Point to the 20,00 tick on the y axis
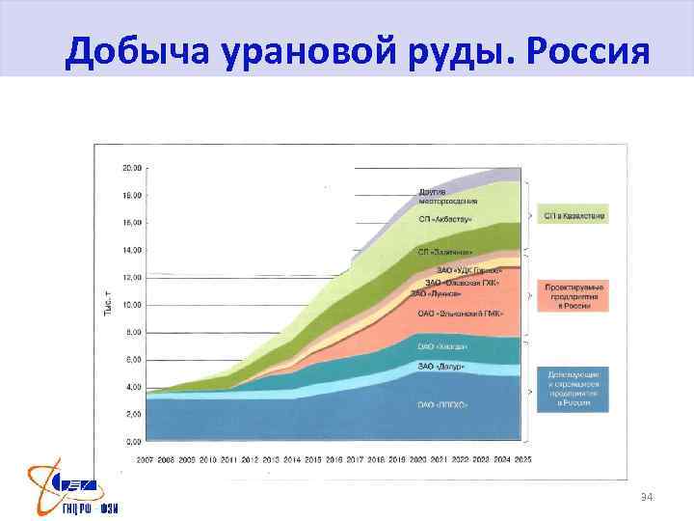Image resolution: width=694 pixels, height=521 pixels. [132, 168]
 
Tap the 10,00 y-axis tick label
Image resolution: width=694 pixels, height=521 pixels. [132, 305]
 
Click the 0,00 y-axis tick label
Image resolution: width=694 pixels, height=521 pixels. [134, 442]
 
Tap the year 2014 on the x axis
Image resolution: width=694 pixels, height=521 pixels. [293, 459]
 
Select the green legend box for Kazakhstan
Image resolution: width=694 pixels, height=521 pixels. [574, 216]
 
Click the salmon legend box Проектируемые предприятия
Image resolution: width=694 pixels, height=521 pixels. [574, 296]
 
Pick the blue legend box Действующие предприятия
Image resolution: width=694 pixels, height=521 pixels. [574, 388]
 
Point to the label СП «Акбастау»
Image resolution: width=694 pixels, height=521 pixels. [445, 219]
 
